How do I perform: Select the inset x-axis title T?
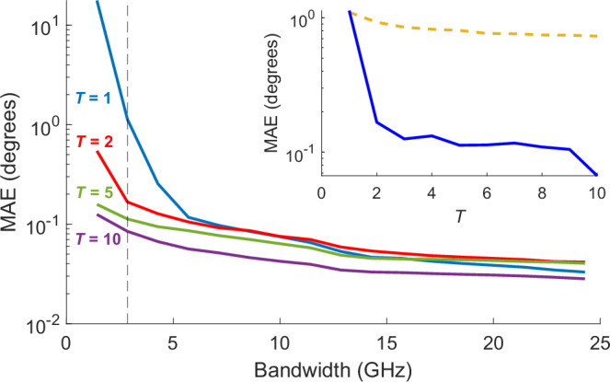[x=459, y=216]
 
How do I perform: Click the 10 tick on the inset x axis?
[x=597, y=195]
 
